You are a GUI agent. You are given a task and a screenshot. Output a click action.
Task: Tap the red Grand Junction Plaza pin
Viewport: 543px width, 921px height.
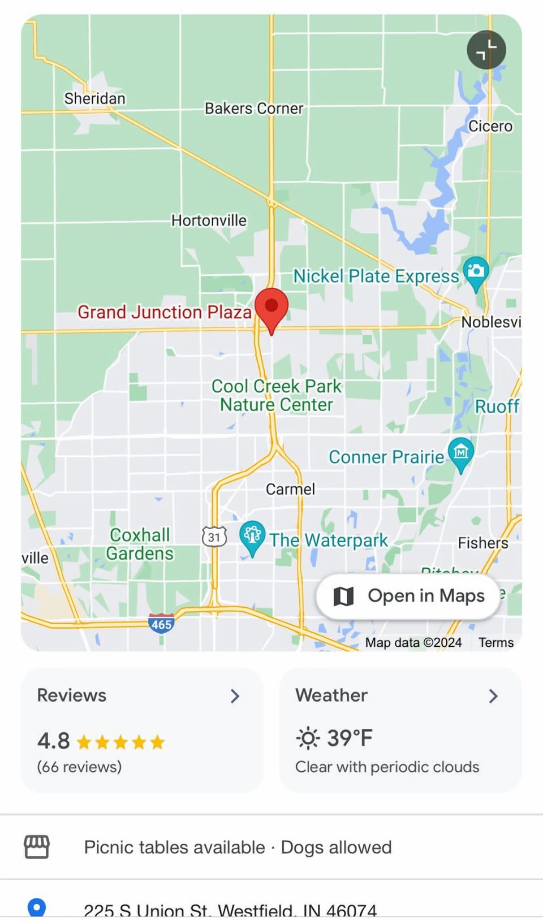coord(271,307)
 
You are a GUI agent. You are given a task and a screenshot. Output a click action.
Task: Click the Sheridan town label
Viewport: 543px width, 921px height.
coord(94,98)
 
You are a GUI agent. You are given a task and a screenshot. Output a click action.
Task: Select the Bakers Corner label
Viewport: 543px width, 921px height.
coord(254,108)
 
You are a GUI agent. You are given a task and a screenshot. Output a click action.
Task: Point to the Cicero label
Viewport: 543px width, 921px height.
coord(490,126)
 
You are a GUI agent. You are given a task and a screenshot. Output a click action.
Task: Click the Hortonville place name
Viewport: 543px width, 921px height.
coord(209,220)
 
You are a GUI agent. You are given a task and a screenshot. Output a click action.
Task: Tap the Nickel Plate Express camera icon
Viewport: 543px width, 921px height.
coord(476,271)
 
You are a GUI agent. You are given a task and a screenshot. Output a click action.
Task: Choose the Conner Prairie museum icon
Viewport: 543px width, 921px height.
coord(461,452)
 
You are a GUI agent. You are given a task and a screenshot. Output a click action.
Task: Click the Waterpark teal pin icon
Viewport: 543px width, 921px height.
coord(252,535)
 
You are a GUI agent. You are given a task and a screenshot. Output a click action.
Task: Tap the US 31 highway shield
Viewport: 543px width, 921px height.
coord(214,537)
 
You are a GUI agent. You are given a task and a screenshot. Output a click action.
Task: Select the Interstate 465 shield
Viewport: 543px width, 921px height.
coord(161,624)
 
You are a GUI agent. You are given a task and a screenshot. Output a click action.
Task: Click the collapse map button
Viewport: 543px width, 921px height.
coord(486,50)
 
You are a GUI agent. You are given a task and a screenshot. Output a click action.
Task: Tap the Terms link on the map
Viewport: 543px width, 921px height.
coord(496,642)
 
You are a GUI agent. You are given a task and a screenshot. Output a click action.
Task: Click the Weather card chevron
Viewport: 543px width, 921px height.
coord(493,696)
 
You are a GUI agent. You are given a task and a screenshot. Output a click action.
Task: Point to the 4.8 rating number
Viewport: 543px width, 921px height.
coord(53,741)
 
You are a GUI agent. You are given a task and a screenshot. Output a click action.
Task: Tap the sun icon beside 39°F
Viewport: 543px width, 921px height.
coord(308,738)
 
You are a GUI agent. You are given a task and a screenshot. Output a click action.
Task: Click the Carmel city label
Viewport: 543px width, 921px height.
coord(290,489)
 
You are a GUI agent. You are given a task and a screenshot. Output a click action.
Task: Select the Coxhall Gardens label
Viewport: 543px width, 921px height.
coord(140,544)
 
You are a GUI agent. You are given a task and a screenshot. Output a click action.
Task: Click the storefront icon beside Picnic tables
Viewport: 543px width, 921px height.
coord(37,847)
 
